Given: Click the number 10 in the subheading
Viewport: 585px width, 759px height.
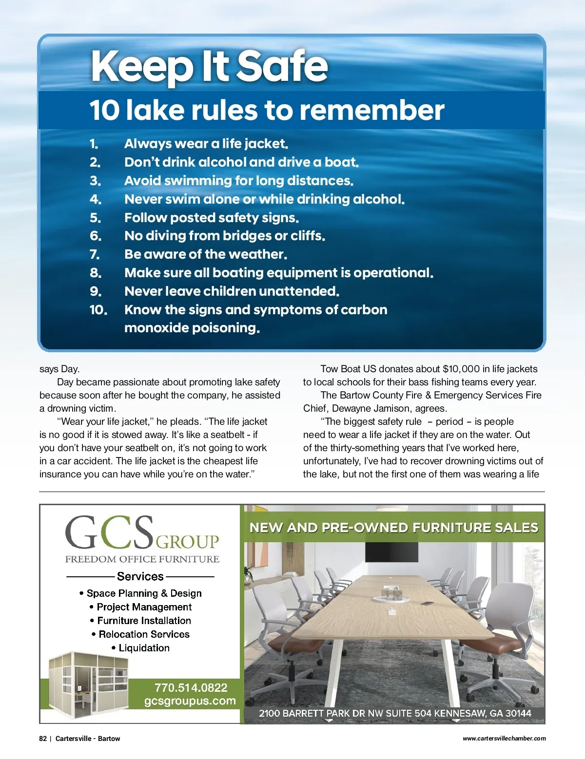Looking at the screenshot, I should [x=104, y=110].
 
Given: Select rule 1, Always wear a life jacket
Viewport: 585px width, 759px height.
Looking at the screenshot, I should [x=206, y=144].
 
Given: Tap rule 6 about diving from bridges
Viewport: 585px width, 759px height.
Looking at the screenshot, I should [x=224, y=236].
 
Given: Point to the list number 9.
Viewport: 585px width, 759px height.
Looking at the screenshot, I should [x=96, y=291].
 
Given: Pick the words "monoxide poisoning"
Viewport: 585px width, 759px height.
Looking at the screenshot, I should [x=192, y=328].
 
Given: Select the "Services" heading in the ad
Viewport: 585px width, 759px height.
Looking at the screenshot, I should [x=140, y=576].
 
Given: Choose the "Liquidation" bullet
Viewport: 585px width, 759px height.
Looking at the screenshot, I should [x=144, y=648].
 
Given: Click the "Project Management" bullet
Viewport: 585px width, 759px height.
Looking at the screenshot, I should [x=144, y=607].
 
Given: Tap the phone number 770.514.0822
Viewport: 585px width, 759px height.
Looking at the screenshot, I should [x=191, y=688].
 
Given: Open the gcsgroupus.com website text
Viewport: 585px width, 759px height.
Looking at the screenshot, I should [x=190, y=701].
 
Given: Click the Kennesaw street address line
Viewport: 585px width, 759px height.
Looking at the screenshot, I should [x=395, y=713].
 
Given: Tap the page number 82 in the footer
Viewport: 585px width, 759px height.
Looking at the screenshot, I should [x=43, y=739].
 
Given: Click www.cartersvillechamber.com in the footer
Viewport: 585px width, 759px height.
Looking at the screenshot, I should [x=504, y=739].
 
